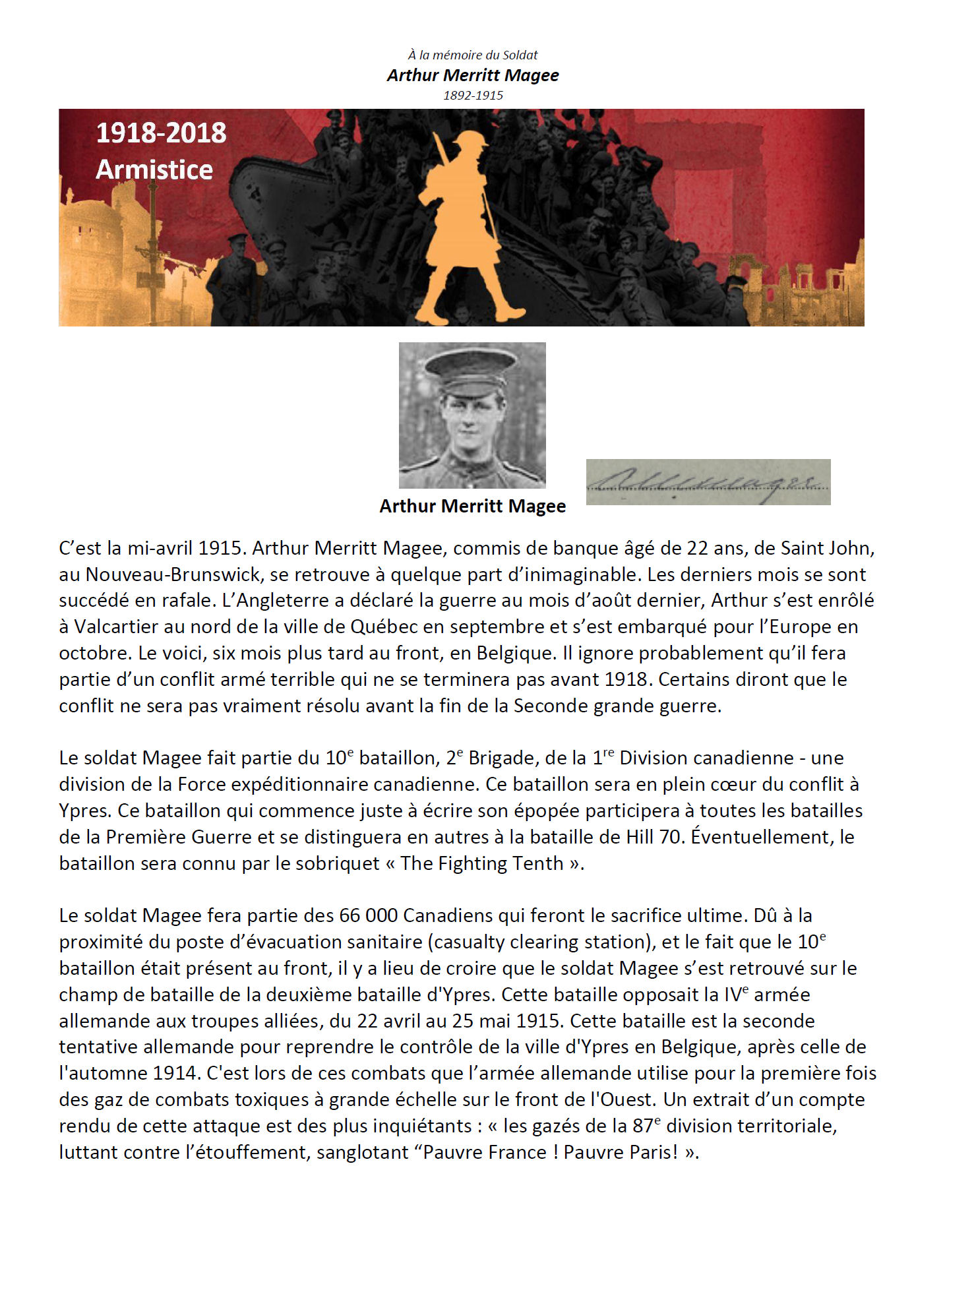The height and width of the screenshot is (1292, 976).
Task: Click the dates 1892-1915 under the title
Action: tap(473, 95)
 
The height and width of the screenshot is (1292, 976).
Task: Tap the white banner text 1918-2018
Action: tap(161, 133)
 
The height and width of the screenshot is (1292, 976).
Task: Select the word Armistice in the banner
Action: tap(154, 170)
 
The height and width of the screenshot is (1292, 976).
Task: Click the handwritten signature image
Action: tap(708, 482)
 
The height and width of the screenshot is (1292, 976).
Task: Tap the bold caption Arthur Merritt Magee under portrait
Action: tap(472, 507)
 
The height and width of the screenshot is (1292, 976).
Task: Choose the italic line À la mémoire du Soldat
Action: tap(473, 55)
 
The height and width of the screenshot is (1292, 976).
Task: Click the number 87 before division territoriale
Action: tap(640, 1126)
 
